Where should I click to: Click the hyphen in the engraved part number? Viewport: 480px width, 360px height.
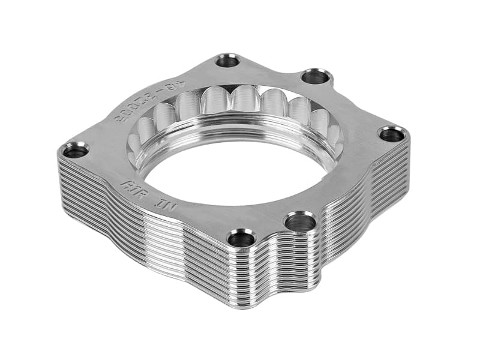point(164,92)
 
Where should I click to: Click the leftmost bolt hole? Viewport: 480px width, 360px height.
point(76,150)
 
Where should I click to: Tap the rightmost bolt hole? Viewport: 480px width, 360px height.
point(392,134)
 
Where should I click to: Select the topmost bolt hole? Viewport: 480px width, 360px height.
point(228,61)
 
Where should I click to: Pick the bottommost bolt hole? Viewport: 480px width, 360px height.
point(242,239)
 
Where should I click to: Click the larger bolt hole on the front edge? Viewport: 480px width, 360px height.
point(300,223)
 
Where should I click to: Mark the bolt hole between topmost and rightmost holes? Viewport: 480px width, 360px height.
point(316,77)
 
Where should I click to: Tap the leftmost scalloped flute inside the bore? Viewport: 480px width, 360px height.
point(134,142)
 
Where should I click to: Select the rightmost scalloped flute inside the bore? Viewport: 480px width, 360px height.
point(334,136)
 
